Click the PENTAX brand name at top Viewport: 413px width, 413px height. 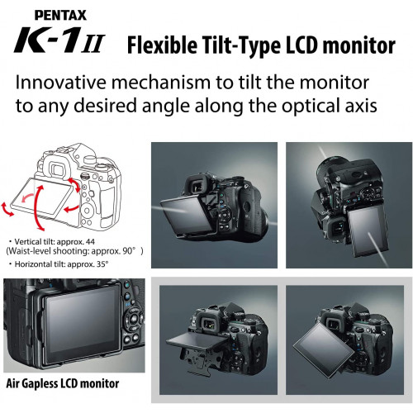(x=60, y=15)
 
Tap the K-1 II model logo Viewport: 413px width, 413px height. (x=59, y=40)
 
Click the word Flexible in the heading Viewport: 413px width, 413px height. (x=162, y=45)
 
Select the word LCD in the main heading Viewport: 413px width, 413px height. (x=301, y=45)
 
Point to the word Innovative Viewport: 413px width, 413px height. (x=60, y=83)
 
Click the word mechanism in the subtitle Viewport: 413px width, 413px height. (x=160, y=83)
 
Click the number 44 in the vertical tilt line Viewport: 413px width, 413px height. (x=90, y=242)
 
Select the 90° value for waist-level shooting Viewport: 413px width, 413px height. (x=130, y=251)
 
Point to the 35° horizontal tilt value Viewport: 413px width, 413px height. (x=102, y=264)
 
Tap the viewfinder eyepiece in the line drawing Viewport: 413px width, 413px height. (x=58, y=169)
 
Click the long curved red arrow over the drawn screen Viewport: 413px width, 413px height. (x=36, y=207)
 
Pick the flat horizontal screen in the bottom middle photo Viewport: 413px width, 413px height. (x=197, y=341)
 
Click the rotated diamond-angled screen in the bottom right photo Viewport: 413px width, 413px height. (x=324, y=350)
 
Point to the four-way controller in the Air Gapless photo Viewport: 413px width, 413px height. (x=134, y=319)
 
